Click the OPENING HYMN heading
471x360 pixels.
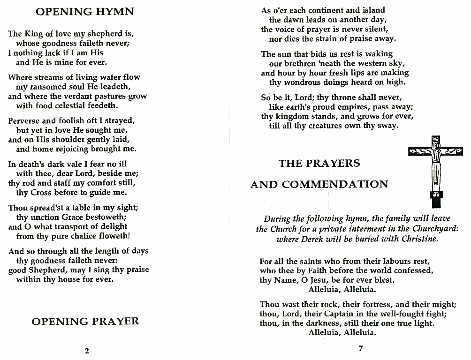(84, 12)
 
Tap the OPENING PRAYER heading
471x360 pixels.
(85, 321)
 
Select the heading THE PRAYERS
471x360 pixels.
(319, 163)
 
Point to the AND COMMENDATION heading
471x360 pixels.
(319, 184)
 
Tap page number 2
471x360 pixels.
(87, 350)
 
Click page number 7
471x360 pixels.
(360, 348)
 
